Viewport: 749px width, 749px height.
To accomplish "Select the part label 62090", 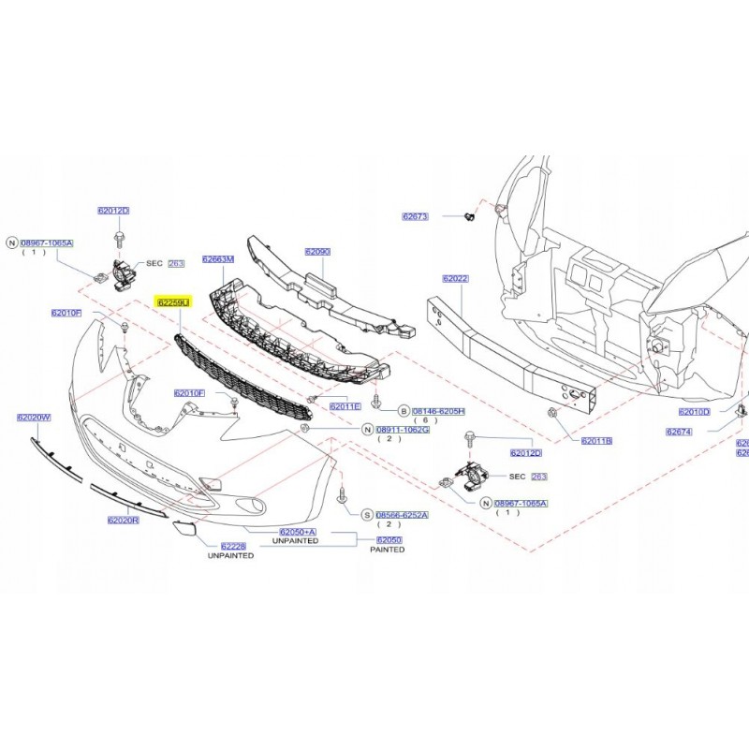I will (x=317, y=252).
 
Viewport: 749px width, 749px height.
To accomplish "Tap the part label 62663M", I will (x=219, y=259).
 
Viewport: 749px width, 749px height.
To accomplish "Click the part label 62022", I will (x=455, y=279).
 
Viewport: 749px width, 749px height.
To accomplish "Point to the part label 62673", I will (x=415, y=216).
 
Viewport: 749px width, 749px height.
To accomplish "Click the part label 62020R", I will (x=123, y=520).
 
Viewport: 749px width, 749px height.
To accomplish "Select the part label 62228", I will (x=233, y=546).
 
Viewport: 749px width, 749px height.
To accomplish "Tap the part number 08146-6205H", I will (x=439, y=411).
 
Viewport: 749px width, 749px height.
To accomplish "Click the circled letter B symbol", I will (x=404, y=411).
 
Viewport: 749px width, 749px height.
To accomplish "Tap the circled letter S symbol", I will (x=367, y=515).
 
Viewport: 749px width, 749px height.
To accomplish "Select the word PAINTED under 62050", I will (x=388, y=551).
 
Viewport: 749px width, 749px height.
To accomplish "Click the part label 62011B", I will (x=595, y=440).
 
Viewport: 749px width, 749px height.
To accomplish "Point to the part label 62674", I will (x=679, y=432).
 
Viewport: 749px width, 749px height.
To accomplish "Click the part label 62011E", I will (x=345, y=406).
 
